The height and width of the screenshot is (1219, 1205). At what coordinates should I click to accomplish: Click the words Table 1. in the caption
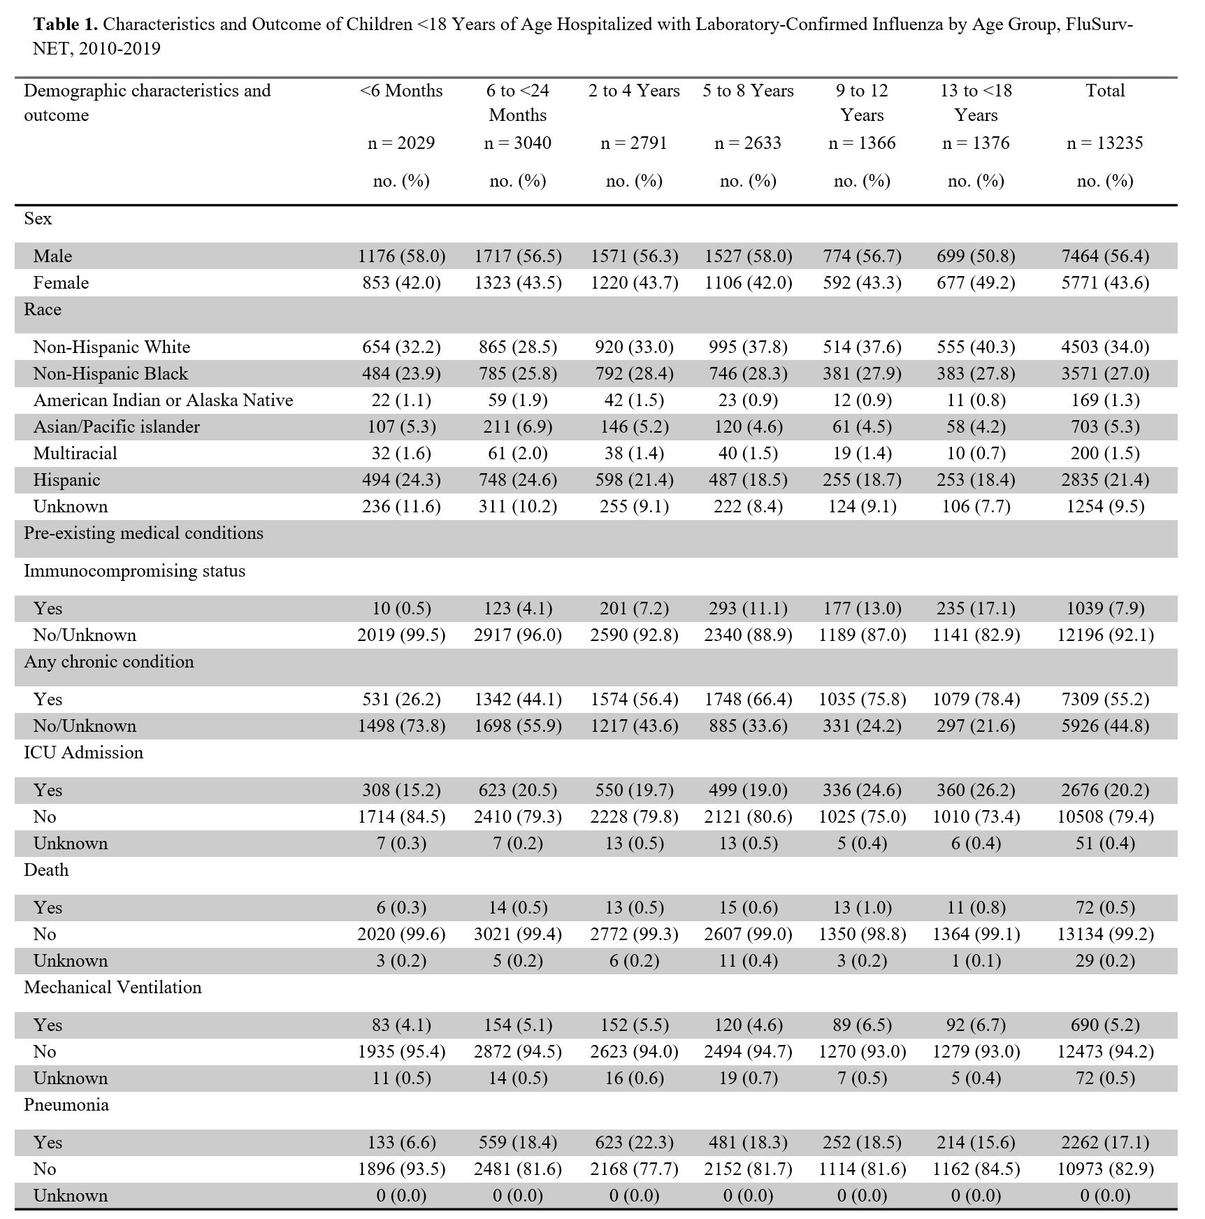[65, 24]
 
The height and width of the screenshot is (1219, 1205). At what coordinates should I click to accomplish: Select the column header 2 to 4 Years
[634, 91]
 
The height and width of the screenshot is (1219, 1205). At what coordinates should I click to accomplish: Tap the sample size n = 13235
[1104, 143]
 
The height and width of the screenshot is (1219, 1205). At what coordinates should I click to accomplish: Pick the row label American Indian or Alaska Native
[163, 401]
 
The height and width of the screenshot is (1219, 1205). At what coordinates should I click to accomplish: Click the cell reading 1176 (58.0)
[401, 257]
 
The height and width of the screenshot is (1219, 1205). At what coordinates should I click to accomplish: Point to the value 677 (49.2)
[976, 283]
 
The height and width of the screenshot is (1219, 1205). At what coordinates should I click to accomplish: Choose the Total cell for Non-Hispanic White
[1104, 347]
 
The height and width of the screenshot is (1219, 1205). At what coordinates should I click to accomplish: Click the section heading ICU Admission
[83, 753]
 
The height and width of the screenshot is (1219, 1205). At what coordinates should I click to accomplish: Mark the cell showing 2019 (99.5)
[401, 635]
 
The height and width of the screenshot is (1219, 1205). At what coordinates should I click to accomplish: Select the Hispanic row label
[66, 480]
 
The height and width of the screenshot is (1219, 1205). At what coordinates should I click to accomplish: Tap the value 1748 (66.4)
[748, 700]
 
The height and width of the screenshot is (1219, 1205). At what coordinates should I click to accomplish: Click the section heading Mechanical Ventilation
[113, 988]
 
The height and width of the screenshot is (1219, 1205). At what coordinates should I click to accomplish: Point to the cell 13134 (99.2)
[1104, 935]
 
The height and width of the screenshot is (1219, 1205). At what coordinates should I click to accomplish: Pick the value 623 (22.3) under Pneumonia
[634, 1143]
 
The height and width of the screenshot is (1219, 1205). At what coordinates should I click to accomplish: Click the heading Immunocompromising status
[134, 571]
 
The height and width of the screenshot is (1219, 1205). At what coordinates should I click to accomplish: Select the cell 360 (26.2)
[976, 791]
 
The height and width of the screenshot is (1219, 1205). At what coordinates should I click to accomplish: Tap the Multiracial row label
[75, 454]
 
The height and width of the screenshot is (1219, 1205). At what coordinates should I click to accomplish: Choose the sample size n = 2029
[401, 143]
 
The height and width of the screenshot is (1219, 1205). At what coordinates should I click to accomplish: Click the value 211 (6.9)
[517, 427]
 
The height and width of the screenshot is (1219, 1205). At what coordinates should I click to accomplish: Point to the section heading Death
[46, 870]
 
